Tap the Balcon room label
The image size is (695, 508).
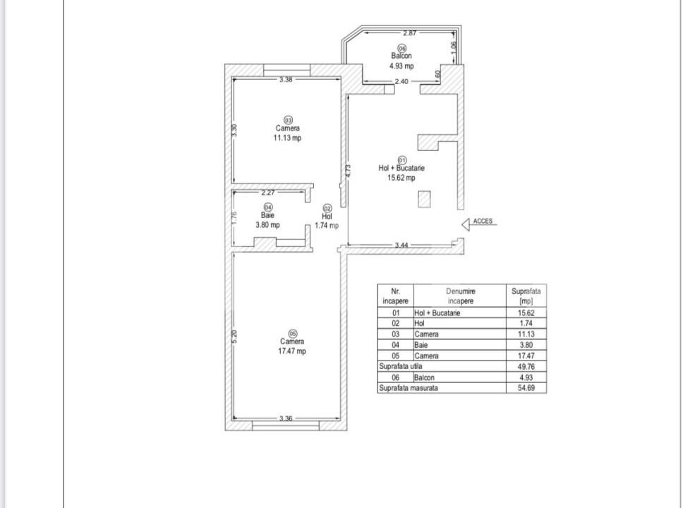click(x=401, y=56)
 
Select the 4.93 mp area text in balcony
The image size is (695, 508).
click(x=401, y=66)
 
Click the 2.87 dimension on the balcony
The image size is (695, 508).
click(x=409, y=32)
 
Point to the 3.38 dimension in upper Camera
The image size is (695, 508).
click(x=286, y=80)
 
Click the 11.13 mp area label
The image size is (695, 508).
click(x=287, y=138)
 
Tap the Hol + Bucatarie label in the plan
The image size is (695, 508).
click(x=401, y=168)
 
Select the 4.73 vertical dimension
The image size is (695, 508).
click(x=348, y=171)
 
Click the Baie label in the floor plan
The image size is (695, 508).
click(x=267, y=215)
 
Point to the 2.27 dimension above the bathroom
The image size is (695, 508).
click(x=267, y=193)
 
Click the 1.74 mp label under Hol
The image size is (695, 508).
click(x=327, y=226)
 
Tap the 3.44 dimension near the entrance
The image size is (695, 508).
click(x=401, y=245)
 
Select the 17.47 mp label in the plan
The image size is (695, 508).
click(x=291, y=351)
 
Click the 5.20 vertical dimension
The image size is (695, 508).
click(x=234, y=337)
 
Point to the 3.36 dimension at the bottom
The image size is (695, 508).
click(x=286, y=418)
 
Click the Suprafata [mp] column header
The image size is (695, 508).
click(x=526, y=296)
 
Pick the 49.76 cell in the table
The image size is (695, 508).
click(x=526, y=367)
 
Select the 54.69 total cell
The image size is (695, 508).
click(x=526, y=388)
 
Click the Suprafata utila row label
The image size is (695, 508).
click(x=401, y=366)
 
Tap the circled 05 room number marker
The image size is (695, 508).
click(x=293, y=333)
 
